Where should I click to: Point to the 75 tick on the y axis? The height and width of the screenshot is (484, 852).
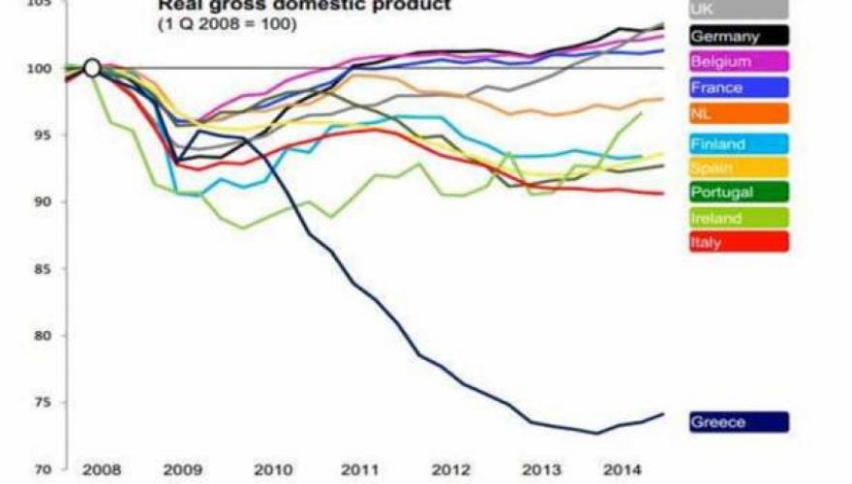pyautogui.click(x=40, y=403)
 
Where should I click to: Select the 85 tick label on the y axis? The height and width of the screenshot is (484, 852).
pyautogui.click(x=40, y=269)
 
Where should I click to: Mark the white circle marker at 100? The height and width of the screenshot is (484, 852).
pyautogui.click(x=92, y=68)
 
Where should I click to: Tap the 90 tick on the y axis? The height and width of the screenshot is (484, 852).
pyautogui.click(x=40, y=202)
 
